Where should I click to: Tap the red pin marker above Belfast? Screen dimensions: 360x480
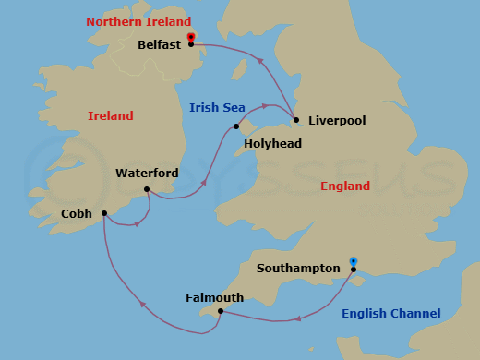pyautogui.click(x=190, y=37)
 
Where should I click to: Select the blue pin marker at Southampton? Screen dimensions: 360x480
pyautogui.click(x=353, y=261)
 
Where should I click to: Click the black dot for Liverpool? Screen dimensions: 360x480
pyautogui.click(x=295, y=119)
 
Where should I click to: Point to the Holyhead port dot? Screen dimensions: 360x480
pyautogui.click(x=237, y=126)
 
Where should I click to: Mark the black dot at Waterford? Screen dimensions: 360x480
pyautogui.click(x=146, y=190)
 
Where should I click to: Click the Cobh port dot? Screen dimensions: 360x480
pyautogui.click(x=103, y=212)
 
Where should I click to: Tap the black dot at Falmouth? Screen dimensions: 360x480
pyautogui.click(x=221, y=311)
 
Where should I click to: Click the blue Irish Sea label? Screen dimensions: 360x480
pyautogui.click(x=216, y=108)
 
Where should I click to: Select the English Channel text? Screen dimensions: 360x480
pyautogui.click(x=390, y=314)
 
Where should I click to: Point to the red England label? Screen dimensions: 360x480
pyautogui.click(x=344, y=186)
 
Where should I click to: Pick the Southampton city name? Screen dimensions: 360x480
pyautogui.click(x=298, y=269)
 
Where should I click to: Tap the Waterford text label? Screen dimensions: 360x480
pyautogui.click(x=147, y=174)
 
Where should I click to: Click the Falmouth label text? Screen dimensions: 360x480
pyautogui.click(x=214, y=297)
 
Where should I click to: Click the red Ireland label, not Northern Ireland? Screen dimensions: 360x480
pyautogui.click(x=110, y=116)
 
